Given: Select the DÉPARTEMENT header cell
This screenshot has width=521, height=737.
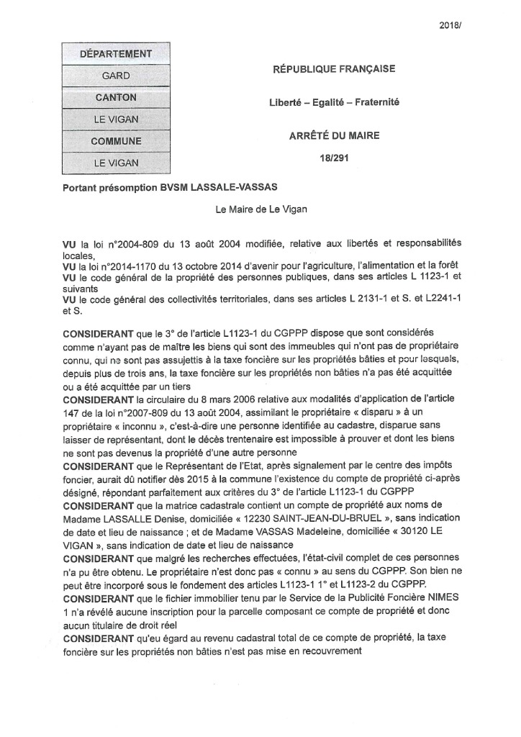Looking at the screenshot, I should click(116, 53).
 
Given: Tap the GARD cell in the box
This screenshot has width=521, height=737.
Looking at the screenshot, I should click(116, 76).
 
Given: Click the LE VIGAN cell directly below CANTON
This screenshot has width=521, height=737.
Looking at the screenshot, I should click(116, 119).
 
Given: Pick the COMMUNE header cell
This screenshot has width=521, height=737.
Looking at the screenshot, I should click(116, 142).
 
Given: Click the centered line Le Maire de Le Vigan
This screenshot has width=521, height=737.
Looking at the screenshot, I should click(262, 209).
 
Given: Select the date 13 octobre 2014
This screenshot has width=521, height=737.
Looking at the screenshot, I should click(177, 267).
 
